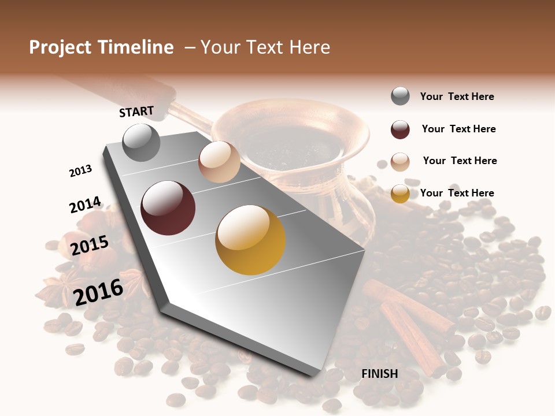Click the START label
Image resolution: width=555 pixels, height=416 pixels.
136,112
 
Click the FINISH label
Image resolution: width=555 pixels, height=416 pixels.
380,374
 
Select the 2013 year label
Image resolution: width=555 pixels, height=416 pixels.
81,171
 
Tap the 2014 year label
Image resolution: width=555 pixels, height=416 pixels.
85,205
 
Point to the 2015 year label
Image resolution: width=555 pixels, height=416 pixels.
90,246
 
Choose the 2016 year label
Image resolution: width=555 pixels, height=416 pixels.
98,292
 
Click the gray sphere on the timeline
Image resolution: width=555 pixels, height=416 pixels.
142,142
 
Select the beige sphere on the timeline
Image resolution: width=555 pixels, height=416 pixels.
219,162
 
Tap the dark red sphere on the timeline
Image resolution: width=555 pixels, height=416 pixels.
168,208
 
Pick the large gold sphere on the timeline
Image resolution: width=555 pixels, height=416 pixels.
250,240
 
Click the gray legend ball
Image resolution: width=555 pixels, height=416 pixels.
400,96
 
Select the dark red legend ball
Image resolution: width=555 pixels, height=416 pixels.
400,129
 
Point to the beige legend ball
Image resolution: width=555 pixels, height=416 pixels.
400,161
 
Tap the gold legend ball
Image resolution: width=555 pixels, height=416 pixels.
400,194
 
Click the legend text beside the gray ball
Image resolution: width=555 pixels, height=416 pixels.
457,96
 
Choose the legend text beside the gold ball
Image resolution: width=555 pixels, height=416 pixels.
457,193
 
